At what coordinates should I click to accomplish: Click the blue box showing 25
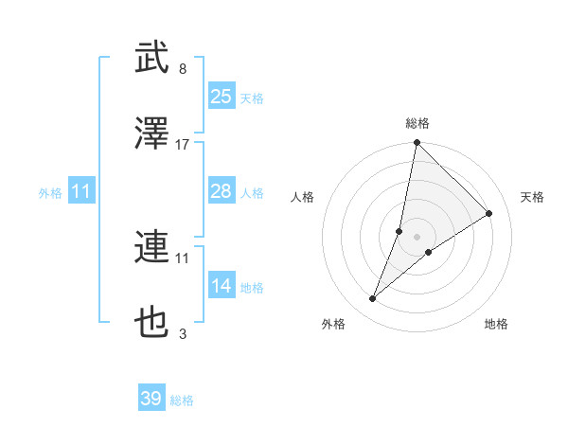(222, 97)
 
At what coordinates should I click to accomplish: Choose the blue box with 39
(151, 399)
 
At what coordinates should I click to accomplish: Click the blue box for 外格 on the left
(81, 192)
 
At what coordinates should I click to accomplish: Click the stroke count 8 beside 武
(183, 69)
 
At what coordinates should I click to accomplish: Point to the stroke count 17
(183, 145)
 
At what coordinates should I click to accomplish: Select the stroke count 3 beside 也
(183, 333)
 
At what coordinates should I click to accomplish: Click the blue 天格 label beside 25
(252, 98)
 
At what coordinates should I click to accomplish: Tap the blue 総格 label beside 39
(182, 400)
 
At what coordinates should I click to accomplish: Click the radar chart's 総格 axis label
(417, 123)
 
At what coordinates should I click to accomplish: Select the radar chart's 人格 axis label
(303, 197)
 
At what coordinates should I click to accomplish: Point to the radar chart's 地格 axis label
(496, 324)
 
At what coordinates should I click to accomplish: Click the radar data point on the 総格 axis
(417, 144)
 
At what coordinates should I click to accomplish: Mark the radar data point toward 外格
(373, 299)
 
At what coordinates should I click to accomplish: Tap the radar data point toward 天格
(489, 213)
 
